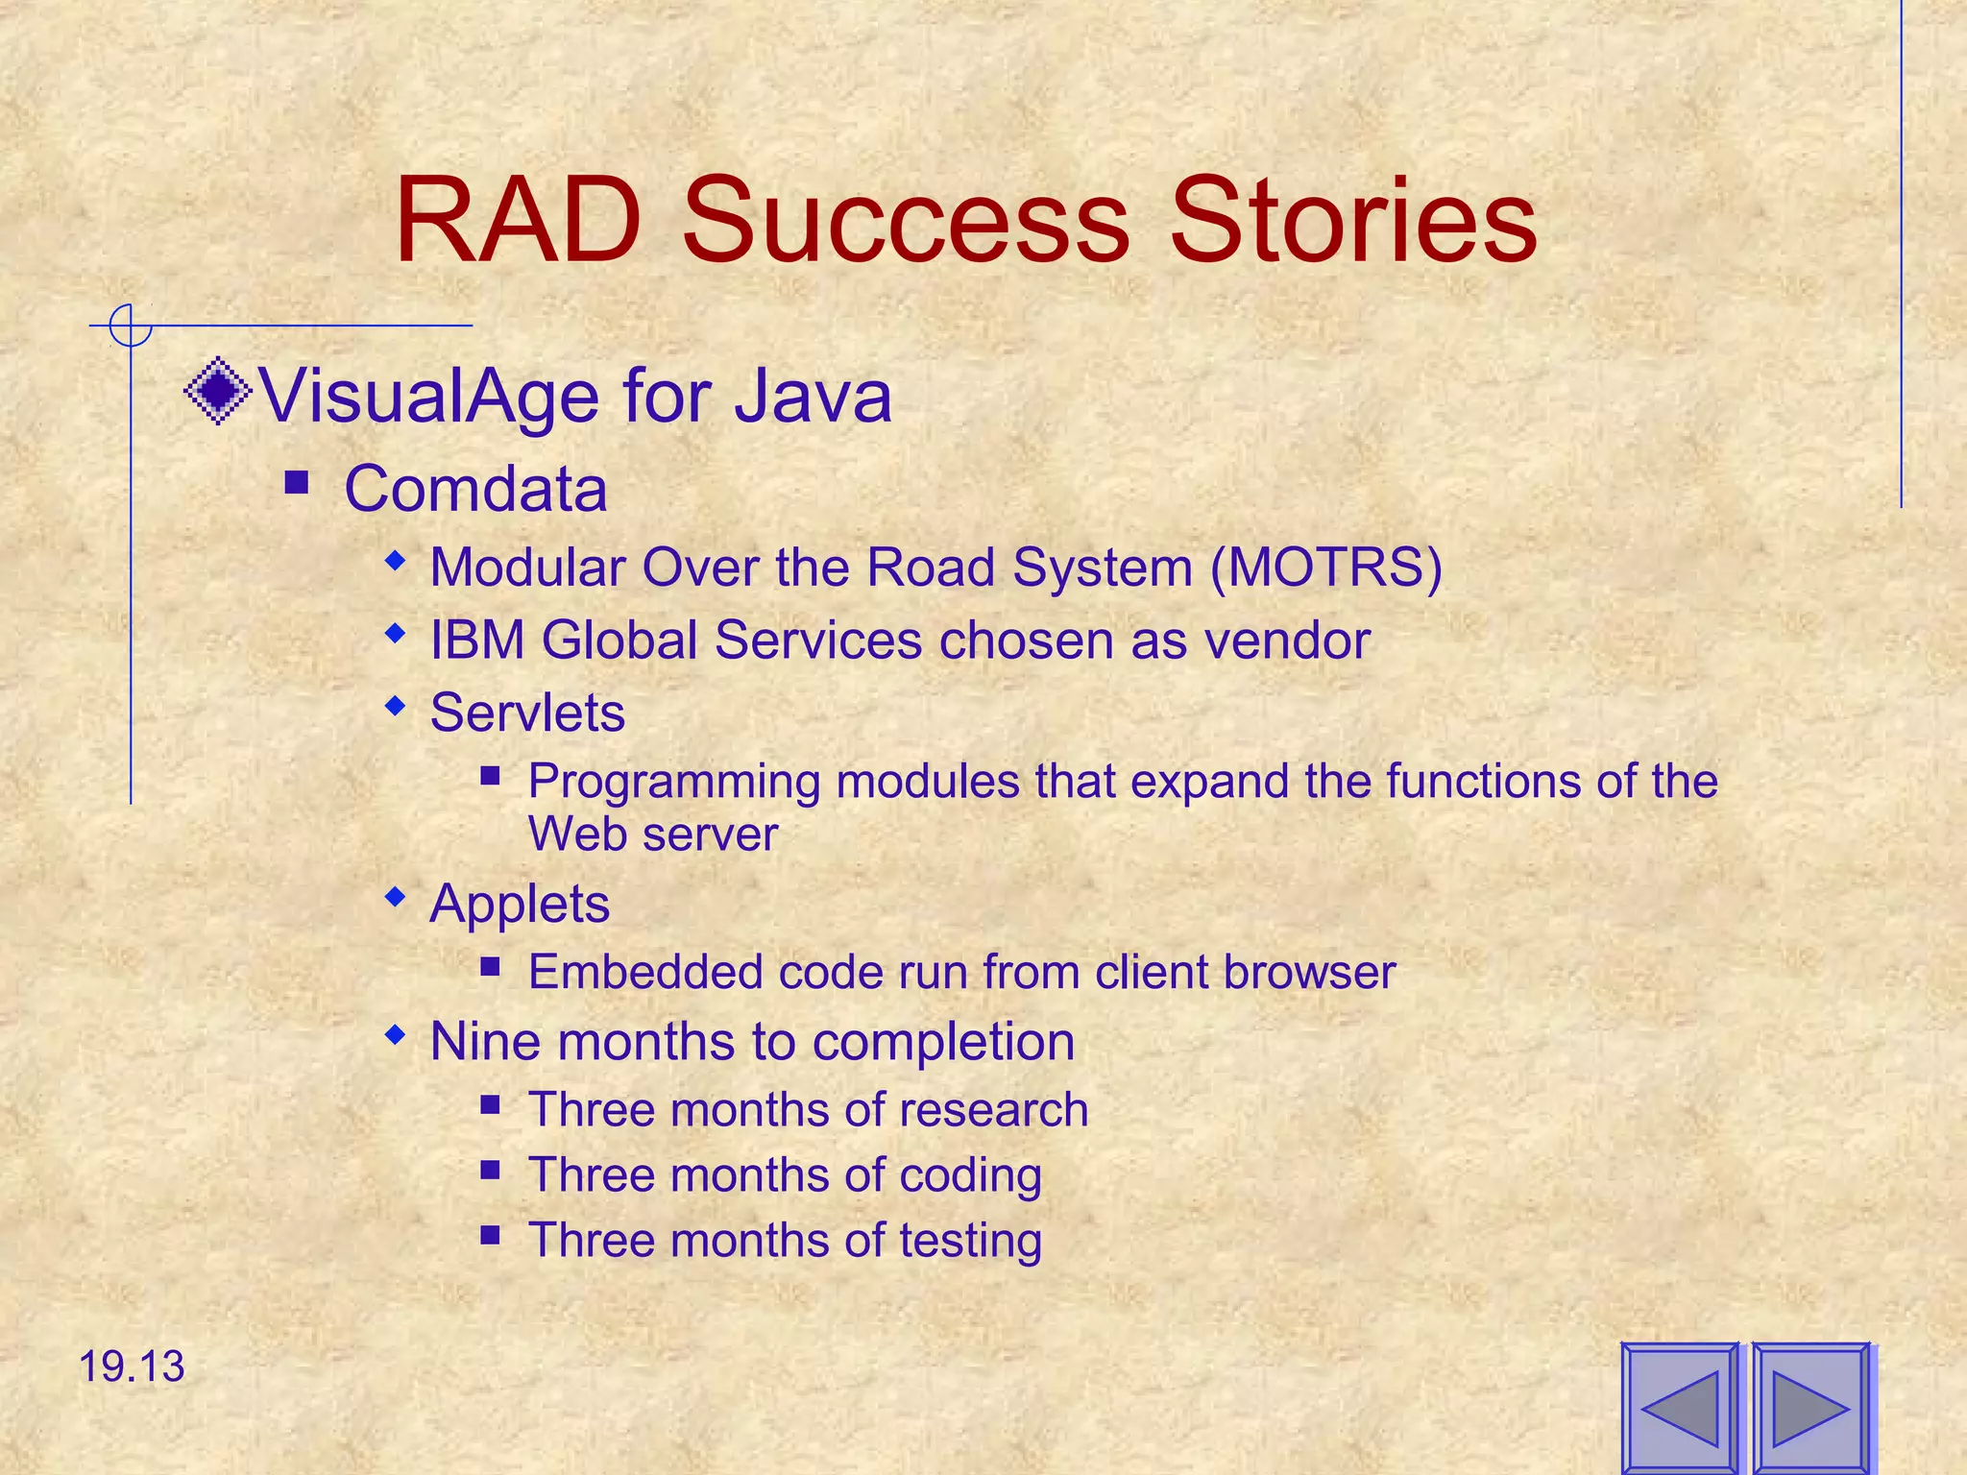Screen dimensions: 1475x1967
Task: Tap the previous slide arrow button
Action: tap(1680, 1409)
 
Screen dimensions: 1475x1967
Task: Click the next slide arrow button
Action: tap(1810, 1409)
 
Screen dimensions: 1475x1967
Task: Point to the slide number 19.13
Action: tap(131, 1366)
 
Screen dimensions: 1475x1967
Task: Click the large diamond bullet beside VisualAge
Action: tap(219, 391)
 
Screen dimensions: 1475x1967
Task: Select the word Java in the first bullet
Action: tap(813, 396)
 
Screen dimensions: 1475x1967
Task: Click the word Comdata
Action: tap(475, 489)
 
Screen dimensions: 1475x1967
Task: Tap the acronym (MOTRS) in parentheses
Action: tap(1326, 567)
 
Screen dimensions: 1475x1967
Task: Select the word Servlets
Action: tap(527, 713)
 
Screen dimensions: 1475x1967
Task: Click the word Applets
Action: tap(520, 905)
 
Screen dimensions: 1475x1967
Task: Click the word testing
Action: tap(970, 1241)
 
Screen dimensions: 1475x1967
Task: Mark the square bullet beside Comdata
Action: tap(297, 481)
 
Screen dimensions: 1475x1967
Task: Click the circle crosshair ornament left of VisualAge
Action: tap(130, 326)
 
